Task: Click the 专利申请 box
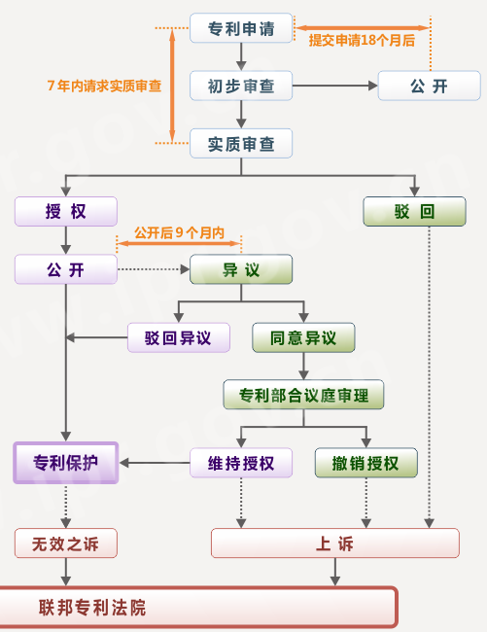tap(241, 29)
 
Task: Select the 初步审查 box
tap(241, 87)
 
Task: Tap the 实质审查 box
tap(241, 144)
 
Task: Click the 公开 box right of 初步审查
tap(429, 87)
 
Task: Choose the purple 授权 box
tap(65, 211)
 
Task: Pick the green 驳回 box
tap(414, 211)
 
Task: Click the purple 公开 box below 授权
tap(65, 269)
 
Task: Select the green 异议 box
tap(241, 269)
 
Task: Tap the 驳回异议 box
tap(179, 337)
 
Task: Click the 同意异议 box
tap(303, 337)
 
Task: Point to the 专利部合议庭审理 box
tap(303, 395)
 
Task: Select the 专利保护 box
tap(66, 463)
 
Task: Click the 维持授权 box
tap(240, 463)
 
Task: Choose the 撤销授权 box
tap(365, 463)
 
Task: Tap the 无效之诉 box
tap(65, 543)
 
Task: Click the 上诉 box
tap(334, 543)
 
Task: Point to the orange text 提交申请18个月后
tap(362, 41)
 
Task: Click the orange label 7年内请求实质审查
tap(104, 86)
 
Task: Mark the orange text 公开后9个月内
tap(179, 233)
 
